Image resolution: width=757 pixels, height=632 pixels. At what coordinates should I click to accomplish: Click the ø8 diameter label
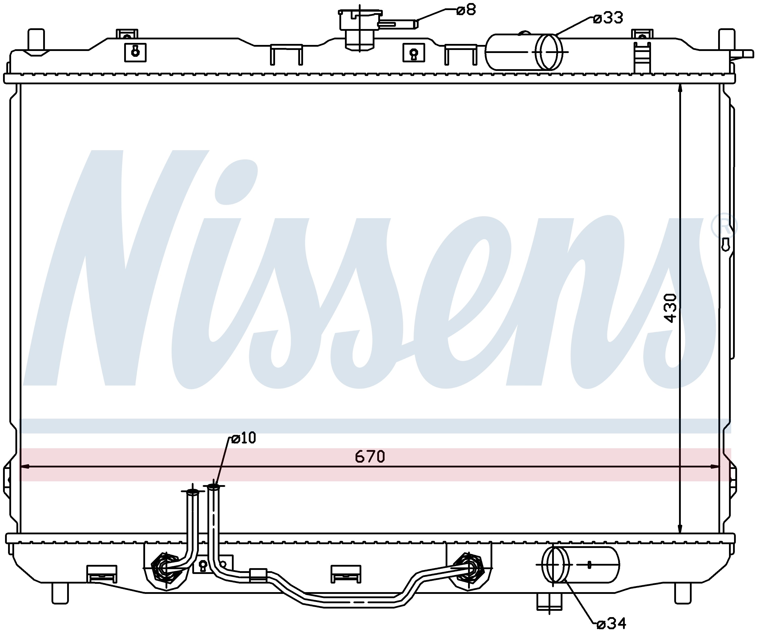click(466, 10)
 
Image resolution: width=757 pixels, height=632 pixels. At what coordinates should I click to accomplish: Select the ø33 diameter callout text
click(608, 18)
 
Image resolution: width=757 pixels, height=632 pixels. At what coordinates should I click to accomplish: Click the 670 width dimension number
click(370, 457)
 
